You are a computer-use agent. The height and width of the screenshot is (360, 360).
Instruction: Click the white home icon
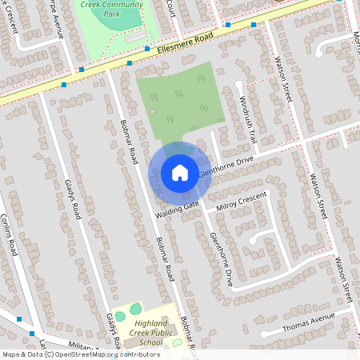pyautogui.click(x=180, y=173)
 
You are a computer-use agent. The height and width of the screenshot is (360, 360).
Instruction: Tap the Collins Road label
pyautogui.click(x=9, y=234)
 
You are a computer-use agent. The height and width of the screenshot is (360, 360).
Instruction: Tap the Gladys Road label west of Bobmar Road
pyautogui.click(x=74, y=200)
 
